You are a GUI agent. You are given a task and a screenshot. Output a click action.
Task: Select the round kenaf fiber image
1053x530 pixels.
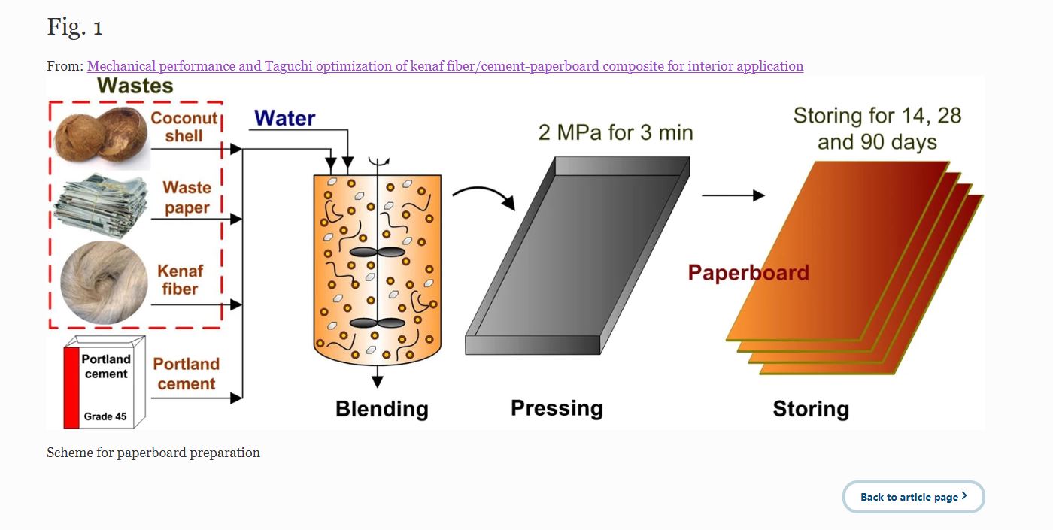coord(104,282)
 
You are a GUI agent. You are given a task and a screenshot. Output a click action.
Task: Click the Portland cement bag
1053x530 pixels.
coord(99,383)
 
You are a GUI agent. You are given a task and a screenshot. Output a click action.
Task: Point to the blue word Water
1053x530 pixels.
coord(284,118)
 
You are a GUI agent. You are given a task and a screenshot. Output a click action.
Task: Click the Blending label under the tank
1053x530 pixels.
coord(381,409)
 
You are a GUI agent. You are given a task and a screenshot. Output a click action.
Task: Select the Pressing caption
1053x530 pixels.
coord(557,408)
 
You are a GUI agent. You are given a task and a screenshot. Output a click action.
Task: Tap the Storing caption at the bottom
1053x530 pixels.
coord(811,409)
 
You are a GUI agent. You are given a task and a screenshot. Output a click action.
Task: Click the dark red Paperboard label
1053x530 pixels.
coord(748,272)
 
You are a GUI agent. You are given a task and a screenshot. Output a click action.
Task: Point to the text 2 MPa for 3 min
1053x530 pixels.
coord(615,133)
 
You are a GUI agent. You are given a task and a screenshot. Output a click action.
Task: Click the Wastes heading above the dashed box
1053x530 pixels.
coord(135,86)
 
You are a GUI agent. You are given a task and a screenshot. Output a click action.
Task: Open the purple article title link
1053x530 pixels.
coord(445,66)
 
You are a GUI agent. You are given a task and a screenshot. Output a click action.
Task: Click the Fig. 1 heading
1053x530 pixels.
coord(75,28)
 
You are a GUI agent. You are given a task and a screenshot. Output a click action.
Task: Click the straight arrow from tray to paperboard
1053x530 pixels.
coord(733,195)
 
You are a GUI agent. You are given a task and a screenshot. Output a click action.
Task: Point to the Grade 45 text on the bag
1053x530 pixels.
coord(105,416)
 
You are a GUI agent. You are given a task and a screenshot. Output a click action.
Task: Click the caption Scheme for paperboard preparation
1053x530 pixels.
coord(153,453)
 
